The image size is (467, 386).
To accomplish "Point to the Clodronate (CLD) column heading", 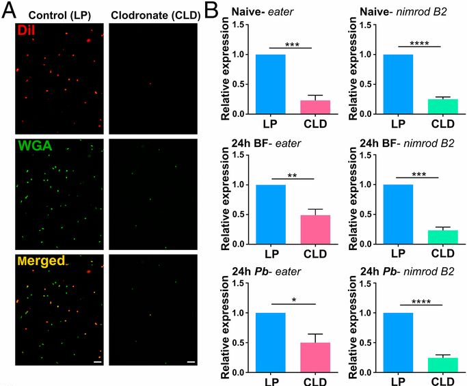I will coord(151,14).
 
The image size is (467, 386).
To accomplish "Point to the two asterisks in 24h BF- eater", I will coord(291,174).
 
